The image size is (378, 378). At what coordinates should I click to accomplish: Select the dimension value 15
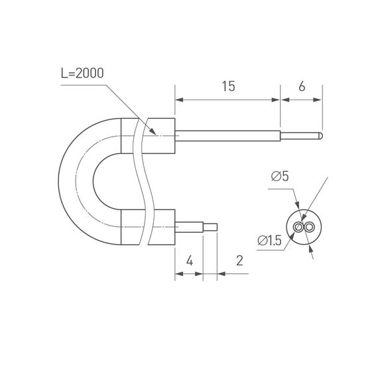tap(227, 86)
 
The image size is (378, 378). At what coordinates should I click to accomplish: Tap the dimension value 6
tap(302, 86)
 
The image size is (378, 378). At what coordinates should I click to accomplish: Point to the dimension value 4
tap(189, 261)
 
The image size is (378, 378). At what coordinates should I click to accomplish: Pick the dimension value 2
tap(239, 261)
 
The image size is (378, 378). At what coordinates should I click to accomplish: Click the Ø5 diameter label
tap(279, 176)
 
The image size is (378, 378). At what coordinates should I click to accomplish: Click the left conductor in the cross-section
tap(300, 227)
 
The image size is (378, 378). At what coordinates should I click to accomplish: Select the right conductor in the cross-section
tap(309, 227)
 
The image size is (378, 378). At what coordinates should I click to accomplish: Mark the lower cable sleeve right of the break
tap(161, 227)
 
